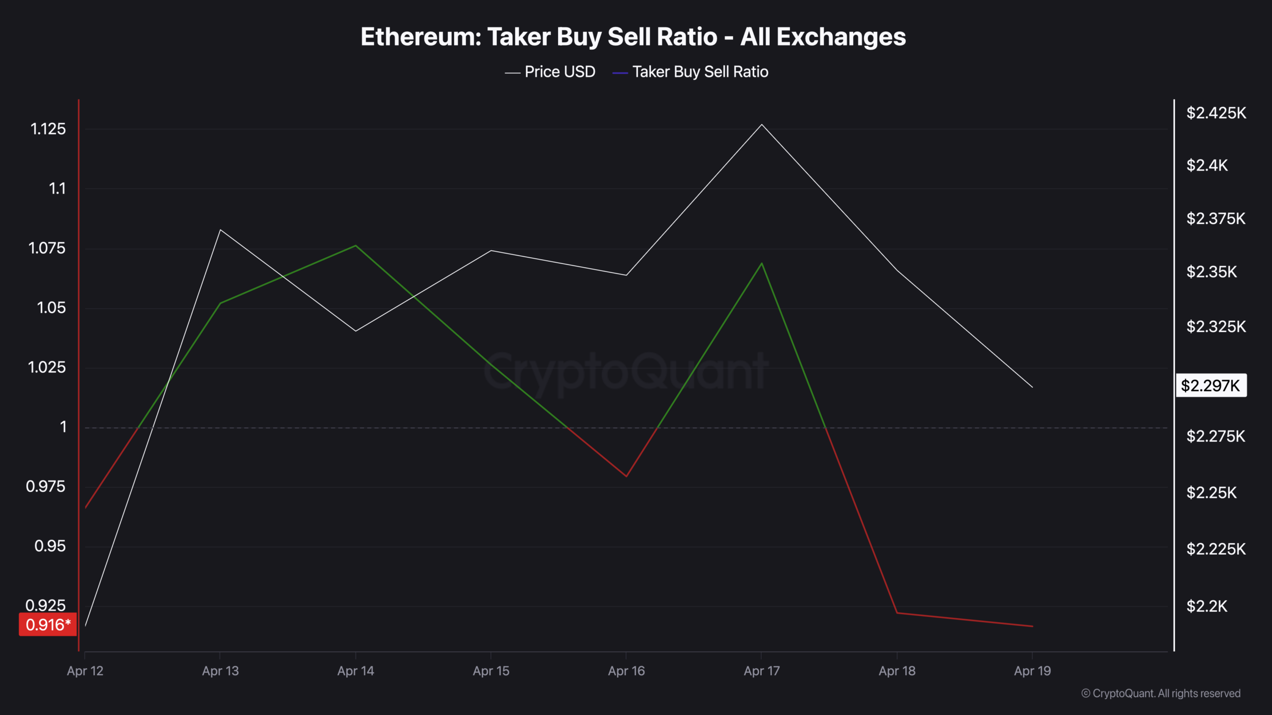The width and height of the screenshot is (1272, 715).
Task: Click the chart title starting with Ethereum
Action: click(633, 37)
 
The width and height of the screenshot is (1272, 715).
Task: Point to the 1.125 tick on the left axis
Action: click(48, 129)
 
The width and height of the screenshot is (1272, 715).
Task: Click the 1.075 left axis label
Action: click(47, 248)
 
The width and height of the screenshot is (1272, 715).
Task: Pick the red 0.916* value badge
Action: click(48, 625)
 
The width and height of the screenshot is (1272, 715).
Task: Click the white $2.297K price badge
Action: click(1210, 386)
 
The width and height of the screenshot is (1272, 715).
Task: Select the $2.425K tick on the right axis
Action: click(1216, 113)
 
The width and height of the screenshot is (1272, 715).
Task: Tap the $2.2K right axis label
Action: click(1206, 606)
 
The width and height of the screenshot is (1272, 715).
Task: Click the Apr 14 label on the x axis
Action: click(355, 671)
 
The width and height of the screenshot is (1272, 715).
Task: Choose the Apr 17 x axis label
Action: click(761, 671)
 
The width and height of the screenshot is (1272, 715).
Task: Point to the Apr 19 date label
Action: click(1032, 671)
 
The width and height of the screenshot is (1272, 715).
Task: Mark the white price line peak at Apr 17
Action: click(762, 125)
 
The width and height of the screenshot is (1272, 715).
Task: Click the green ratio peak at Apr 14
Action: click(355, 246)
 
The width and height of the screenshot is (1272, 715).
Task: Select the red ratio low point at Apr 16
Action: click(626, 476)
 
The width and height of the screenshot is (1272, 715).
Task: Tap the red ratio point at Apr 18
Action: click(897, 613)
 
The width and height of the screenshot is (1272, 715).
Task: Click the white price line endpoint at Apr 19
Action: click(1032, 387)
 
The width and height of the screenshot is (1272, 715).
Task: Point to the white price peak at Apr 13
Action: click(220, 230)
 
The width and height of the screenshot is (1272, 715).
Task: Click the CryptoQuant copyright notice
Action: click(1161, 693)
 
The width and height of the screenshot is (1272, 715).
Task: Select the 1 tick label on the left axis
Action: click(63, 427)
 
